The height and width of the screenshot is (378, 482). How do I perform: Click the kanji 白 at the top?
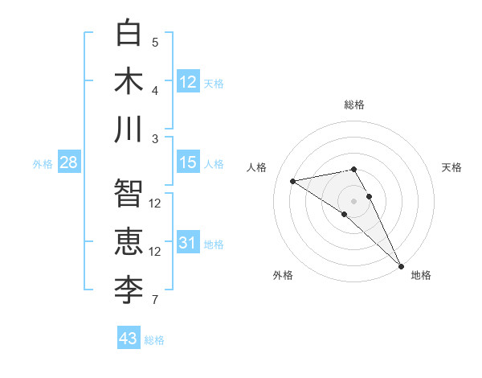pyautogui.click(x=129, y=33)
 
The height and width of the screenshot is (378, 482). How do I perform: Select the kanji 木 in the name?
pyautogui.click(x=129, y=80)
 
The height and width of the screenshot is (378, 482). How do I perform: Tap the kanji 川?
pyautogui.click(x=129, y=129)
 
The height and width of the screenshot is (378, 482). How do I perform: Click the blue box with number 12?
pyautogui.click(x=188, y=81)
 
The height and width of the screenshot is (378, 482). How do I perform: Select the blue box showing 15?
pyautogui.click(x=188, y=162)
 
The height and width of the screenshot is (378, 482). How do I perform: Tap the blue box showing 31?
pyautogui.click(x=188, y=243)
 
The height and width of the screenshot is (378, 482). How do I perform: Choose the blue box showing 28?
pyautogui.click(x=69, y=162)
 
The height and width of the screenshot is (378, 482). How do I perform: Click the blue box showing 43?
pyautogui.click(x=129, y=339)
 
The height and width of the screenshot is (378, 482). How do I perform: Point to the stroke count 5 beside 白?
pyautogui.click(x=155, y=43)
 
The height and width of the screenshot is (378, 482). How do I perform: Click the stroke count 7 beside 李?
pyautogui.click(x=155, y=301)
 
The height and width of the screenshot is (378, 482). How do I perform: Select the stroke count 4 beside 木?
pyautogui.click(x=155, y=90)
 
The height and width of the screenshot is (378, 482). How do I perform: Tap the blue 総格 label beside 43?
pyautogui.click(x=154, y=340)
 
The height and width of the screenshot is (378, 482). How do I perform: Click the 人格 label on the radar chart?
pyautogui.click(x=257, y=167)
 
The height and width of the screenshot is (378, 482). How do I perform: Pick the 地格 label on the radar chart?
pyautogui.click(x=421, y=275)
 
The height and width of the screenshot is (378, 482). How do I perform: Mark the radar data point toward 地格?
pyautogui.click(x=401, y=265)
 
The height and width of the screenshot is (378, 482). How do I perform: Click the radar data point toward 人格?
pyautogui.click(x=293, y=181)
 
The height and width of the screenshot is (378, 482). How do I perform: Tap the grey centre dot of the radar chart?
pyautogui.click(x=353, y=199)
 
